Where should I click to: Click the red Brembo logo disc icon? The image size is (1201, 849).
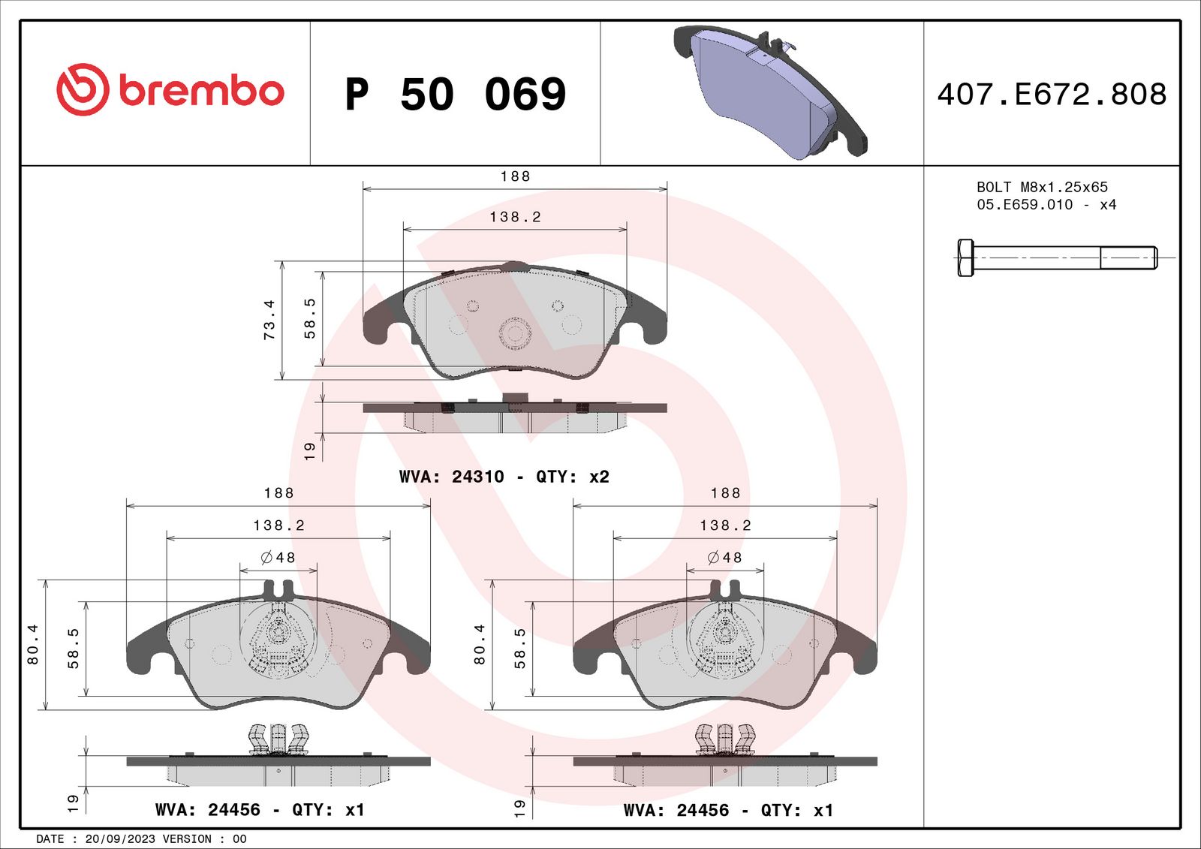coord(83,89)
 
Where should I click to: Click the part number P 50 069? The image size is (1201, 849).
coord(455,95)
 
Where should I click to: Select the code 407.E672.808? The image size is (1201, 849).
coord(1052,95)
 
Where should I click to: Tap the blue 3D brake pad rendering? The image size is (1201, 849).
coord(766,94)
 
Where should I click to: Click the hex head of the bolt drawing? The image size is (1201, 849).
coord(965,257)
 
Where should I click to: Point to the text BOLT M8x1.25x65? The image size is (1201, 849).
coord(1042,187)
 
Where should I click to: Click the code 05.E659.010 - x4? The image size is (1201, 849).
coord(1046,205)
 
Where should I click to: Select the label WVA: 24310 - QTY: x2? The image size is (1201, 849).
coord(504,477)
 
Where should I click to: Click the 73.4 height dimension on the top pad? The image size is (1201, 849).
coord(269,320)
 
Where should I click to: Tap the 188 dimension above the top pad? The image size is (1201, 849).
coord(515,176)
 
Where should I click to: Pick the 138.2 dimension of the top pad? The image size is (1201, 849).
coord(515,217)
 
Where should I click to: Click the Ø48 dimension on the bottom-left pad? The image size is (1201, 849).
coord(278,558)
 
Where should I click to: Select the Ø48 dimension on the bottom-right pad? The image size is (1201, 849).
coord(724,558)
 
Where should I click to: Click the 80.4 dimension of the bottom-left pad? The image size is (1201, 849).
coord(32,644)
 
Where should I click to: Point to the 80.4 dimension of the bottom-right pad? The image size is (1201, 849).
coord(479,644)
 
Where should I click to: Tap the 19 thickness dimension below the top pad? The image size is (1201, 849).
coord(309,450)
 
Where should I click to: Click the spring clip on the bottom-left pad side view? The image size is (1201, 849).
coord(278,739)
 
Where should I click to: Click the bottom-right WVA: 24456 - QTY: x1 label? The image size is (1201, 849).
coord(728,810)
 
